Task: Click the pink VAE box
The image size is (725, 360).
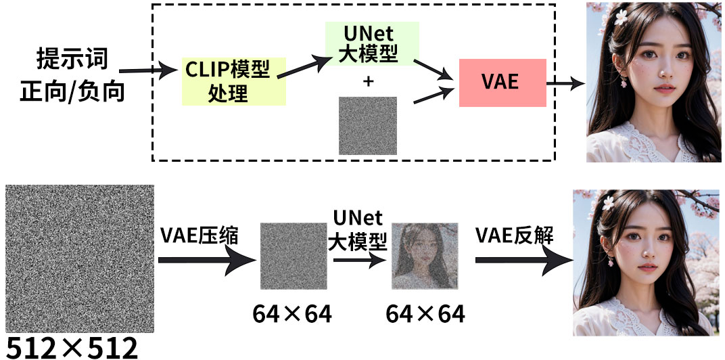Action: coord(502,83)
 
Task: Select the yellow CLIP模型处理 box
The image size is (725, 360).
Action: coord(233,81)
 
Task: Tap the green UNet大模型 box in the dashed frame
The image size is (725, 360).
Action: coord(368,43)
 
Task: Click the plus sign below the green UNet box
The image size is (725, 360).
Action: coord(368,82)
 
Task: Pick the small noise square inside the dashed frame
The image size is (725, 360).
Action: coord(368,126)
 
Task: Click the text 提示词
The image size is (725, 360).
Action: coord(72,60)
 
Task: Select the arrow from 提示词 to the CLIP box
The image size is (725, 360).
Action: coord(145,69)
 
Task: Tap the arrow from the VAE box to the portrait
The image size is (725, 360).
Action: coord(565,84)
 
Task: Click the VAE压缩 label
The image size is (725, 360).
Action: coord(200,235)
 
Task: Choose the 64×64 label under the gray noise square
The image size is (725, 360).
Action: coord(292,313)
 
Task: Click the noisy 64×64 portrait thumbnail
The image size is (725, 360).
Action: coord(425,256)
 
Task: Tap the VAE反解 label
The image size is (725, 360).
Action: coord(515,235)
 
